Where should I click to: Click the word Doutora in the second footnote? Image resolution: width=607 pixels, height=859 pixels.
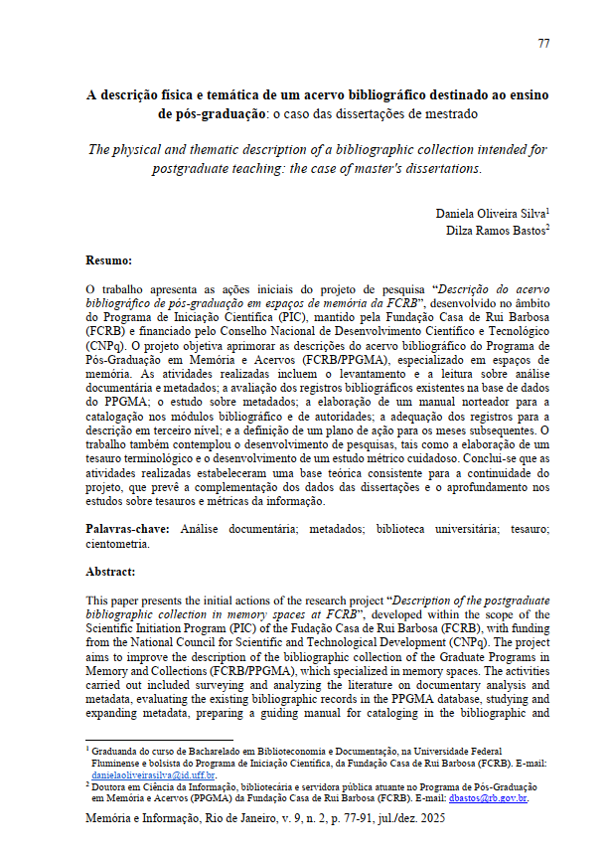(113, 785)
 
